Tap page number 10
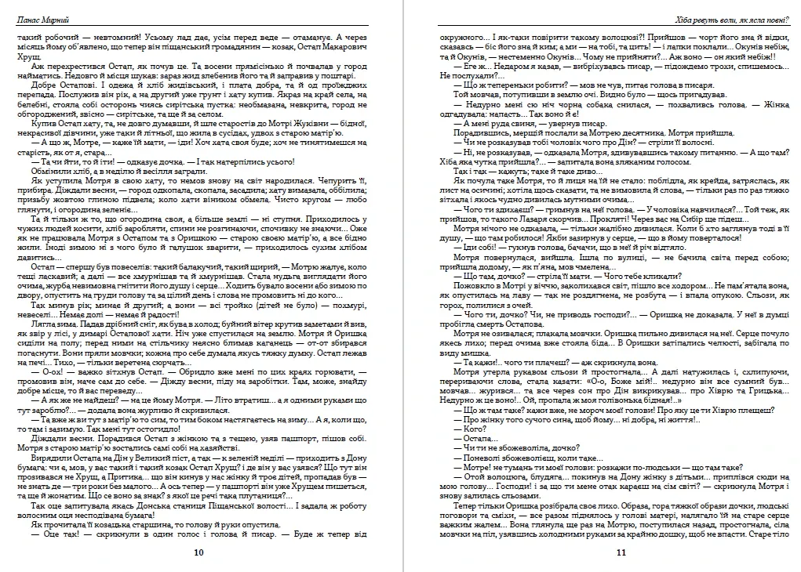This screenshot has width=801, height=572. [x=198, y=552]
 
